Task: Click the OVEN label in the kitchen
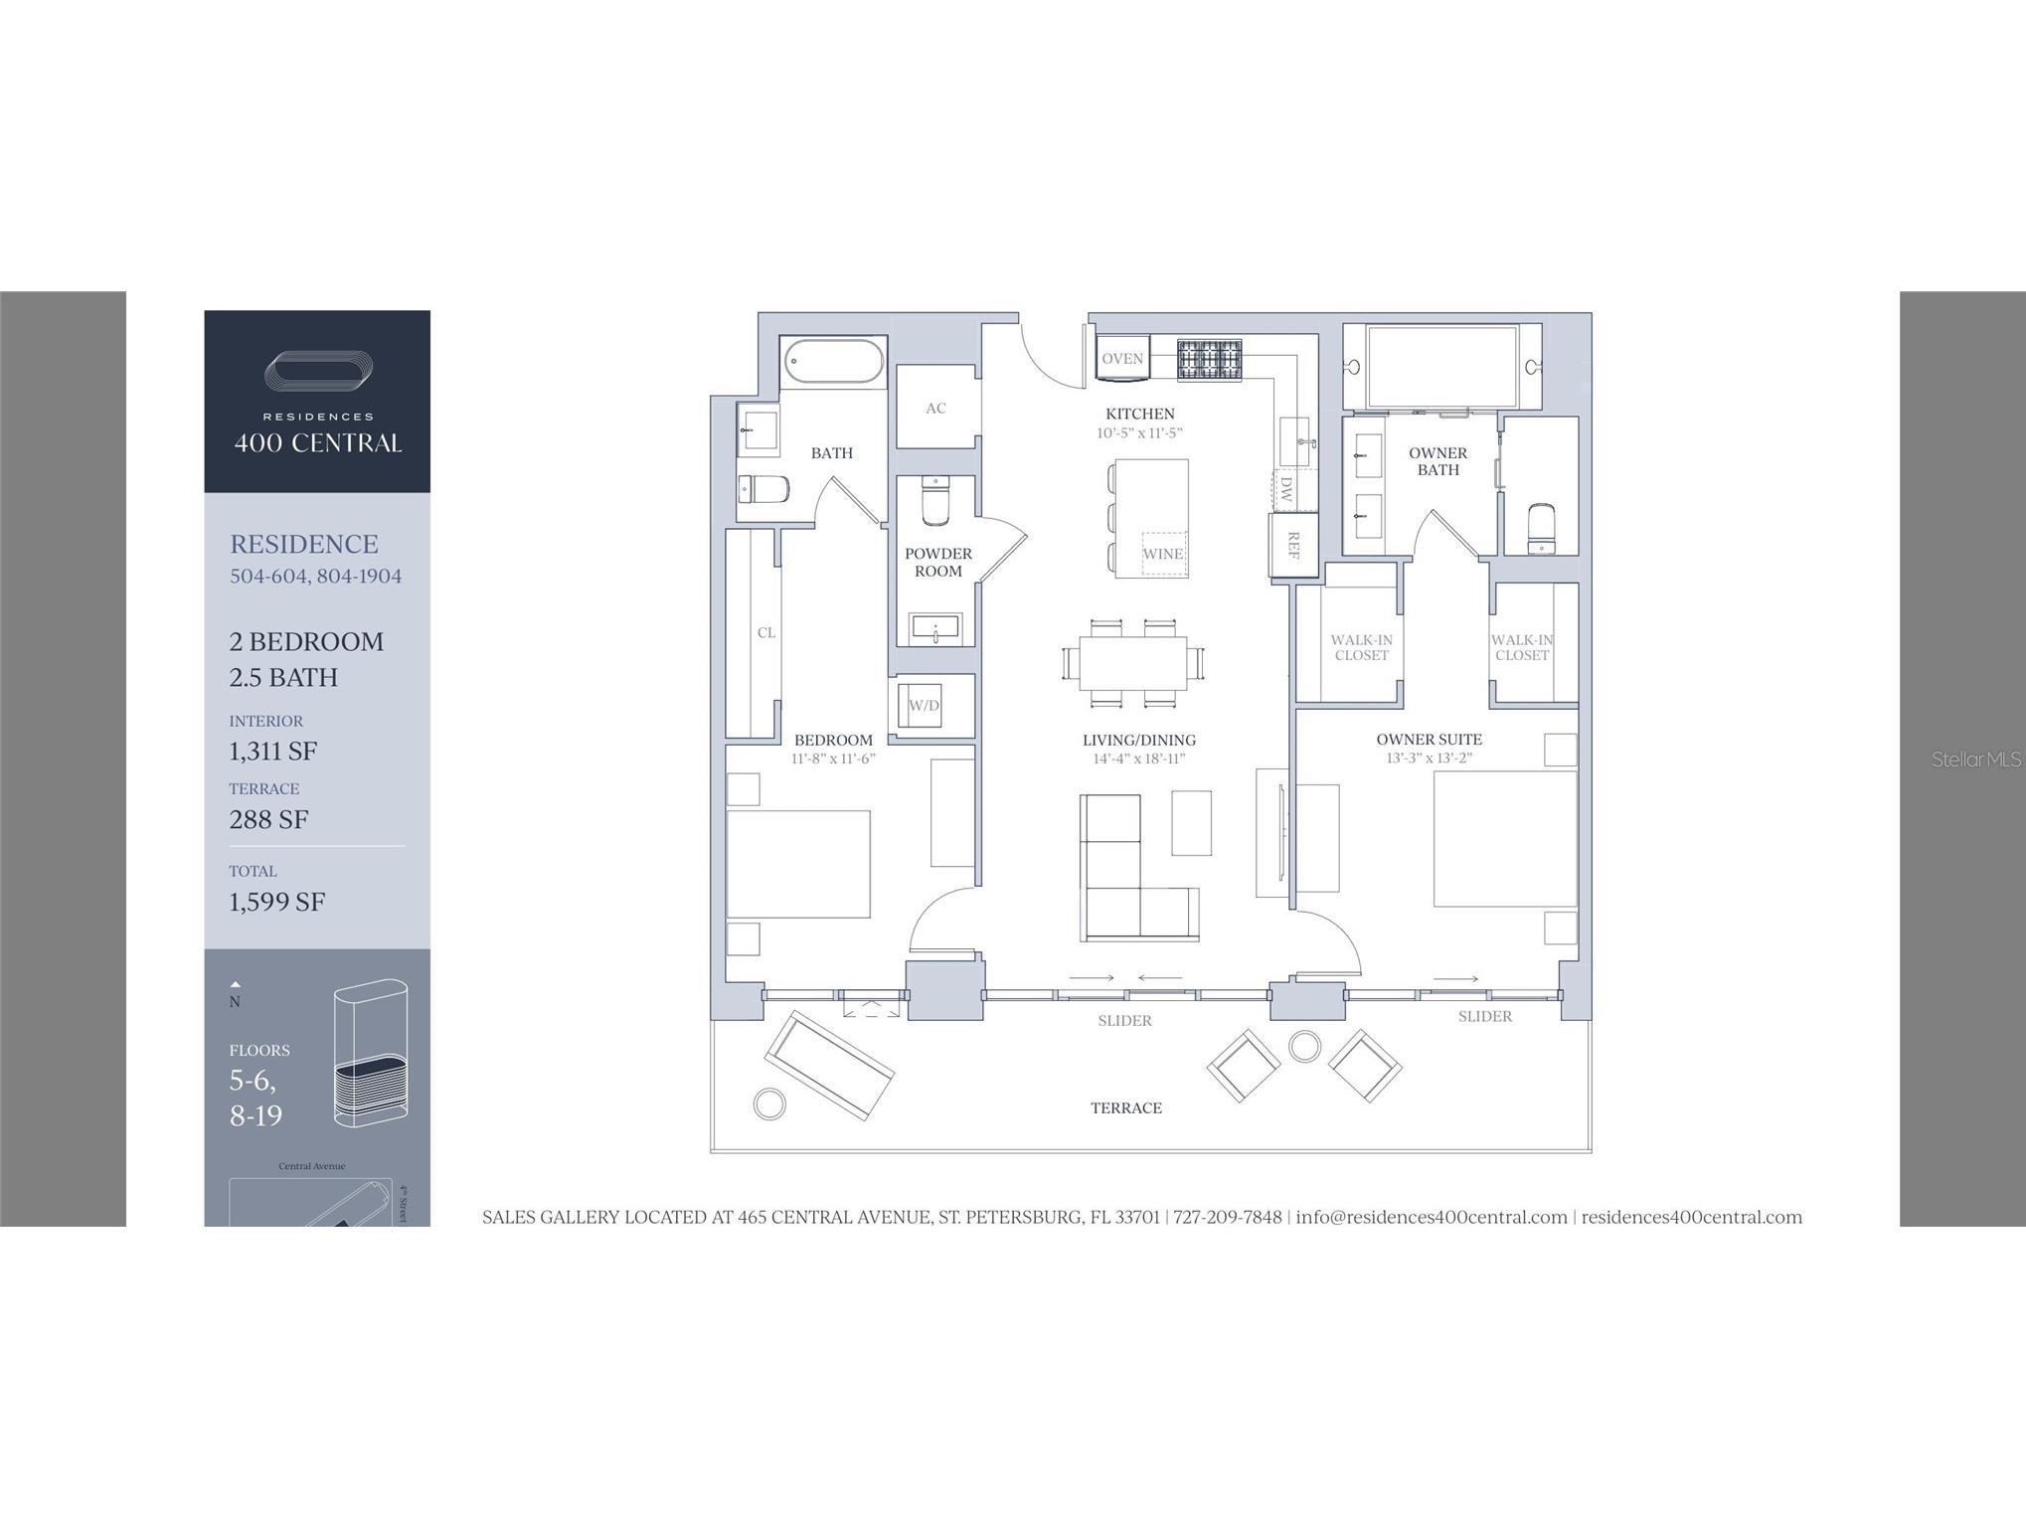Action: coord(1122,359)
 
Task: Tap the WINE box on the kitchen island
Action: coord(1162,554)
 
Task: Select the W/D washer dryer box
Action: coord(924,705)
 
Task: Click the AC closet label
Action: coord(935,408)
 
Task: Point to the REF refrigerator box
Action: coord(1293,545)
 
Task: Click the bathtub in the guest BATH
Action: coord(833,361)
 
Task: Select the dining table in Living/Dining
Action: coord(1133,663)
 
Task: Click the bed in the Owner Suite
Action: coord(1504,839)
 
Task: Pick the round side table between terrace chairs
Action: coord(1304,1046)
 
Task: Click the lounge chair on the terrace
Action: coord(828,1065)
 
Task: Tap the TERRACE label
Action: coord(1125,1107)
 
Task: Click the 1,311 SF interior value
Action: coord(273,752)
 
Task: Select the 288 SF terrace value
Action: coord(268,820)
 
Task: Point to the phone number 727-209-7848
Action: coord(1227,1217)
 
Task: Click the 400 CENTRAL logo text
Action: coord(318,443)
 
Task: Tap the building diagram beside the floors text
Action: coord(371,1054)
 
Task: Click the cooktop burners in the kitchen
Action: coord(1209,360)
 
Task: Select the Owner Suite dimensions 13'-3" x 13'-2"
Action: coord(1429,759)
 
